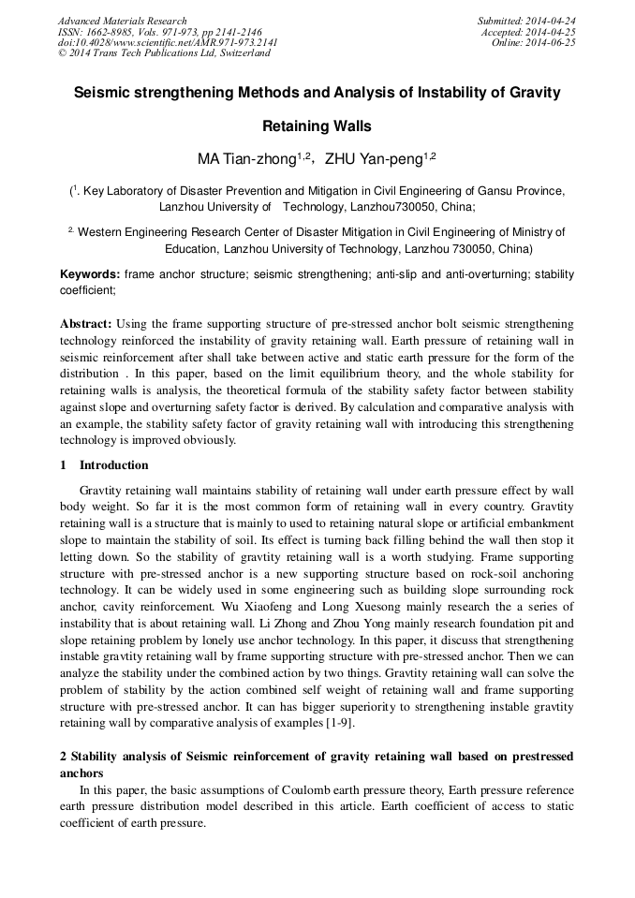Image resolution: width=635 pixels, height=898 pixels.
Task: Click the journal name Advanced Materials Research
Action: pyautogui.click(x=122, y=21)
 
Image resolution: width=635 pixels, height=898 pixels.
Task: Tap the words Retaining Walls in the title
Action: pyautogui.click(x=317, y=126)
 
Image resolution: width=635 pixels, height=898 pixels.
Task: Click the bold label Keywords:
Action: pyautogui.click(x=90, y=274)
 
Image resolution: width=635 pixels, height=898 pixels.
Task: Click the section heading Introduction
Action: pyautogui.click(x=113, y=465)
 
